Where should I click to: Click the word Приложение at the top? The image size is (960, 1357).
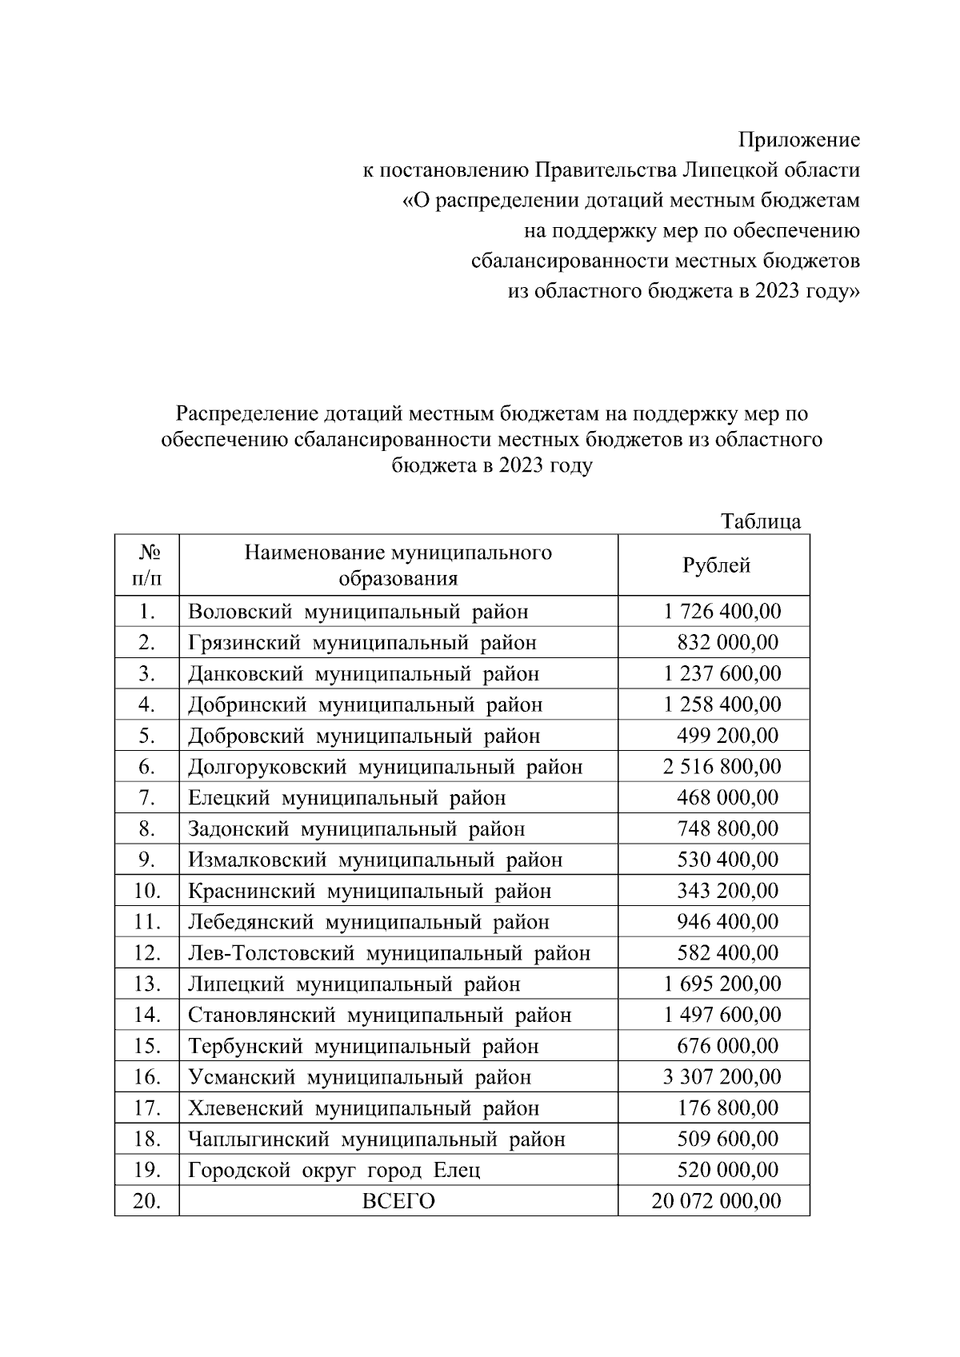[798, 141]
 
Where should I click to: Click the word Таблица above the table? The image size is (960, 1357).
[760, 521]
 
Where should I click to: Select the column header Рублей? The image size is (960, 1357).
[716, 565]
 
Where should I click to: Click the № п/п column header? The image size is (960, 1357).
[146, 565]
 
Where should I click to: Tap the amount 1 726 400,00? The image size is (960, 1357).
[722, 612]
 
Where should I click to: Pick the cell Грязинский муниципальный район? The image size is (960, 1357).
[362, 643]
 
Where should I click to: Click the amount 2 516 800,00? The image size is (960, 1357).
[722, 767]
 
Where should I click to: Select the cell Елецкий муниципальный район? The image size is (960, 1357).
[346, 798]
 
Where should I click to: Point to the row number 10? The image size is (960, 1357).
[147, 891]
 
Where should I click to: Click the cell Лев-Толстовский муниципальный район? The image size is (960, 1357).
[389, 953]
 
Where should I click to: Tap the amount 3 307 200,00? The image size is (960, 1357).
[722, 1077]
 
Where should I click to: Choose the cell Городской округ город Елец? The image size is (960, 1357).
[334, 1171]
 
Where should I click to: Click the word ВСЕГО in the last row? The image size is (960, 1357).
[398, 1201]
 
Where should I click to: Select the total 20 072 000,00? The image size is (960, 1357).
[716, 1201]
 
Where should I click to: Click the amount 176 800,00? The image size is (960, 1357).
[727, 1108]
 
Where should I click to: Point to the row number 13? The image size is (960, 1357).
[147, 984]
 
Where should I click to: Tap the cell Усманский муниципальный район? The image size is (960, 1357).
[359, 1077]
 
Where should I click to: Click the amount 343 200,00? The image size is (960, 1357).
[727, 891]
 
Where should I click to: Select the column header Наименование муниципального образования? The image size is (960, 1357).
[398, 565]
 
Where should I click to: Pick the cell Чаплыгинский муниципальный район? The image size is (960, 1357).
[376, 1139]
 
